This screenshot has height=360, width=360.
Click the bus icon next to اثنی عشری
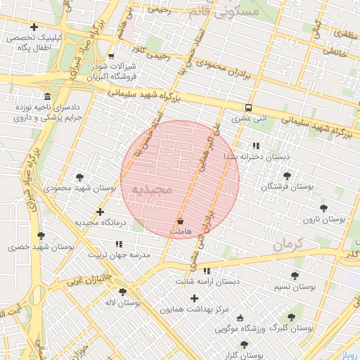point(248,108)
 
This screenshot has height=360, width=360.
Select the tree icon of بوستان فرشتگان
point(286,176)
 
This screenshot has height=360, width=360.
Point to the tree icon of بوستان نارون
point(323,208)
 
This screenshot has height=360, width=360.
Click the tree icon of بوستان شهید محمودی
point(79,176)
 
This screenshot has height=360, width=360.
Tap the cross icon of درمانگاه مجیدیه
point(100,212)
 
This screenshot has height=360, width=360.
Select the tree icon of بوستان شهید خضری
point(40,236)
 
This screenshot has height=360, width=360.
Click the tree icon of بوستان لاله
point(122,292)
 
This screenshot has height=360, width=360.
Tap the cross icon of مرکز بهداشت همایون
point(195,298)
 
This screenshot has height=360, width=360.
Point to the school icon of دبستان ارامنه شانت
point(207,271)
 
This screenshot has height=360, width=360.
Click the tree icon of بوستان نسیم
point(295,276)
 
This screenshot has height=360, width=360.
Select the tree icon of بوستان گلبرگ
point(291,317)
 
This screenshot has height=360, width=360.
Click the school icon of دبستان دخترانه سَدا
point(255,146)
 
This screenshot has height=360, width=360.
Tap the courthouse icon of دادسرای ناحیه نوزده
point(47,96)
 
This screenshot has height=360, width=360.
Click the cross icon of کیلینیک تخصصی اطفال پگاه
point(33,27)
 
